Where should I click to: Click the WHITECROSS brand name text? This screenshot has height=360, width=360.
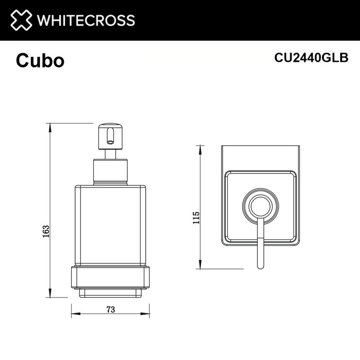(x=85, y=20)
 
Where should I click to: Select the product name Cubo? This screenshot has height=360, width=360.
(x=40, y=61)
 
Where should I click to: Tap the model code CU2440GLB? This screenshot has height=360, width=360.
(x=311, y=58)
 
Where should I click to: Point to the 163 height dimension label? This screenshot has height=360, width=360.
(x=45, y=231)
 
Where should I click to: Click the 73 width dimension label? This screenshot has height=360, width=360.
(x=110, y=309)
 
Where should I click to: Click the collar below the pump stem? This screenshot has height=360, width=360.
(x=111, y=171)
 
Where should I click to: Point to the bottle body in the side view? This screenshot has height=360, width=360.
(x=111, y=225)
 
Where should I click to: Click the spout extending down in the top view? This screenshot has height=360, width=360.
(x=260, y=247)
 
